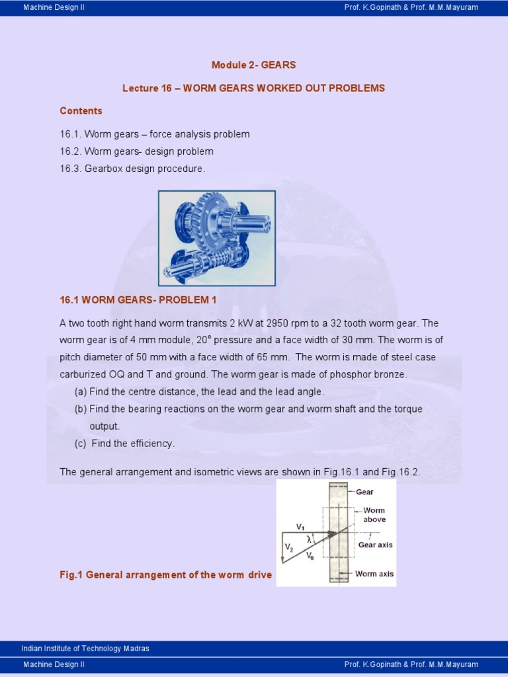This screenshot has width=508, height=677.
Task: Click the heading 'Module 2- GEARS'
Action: [253, 65]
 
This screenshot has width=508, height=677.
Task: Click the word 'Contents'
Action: [81, 110]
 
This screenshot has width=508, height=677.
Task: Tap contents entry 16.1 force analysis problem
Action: [155, 134]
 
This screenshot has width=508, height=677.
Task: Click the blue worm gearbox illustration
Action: [216, 238]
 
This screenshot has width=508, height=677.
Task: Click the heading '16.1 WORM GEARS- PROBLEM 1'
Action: [138, 299]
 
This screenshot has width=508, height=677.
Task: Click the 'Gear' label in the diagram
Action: [364, 492]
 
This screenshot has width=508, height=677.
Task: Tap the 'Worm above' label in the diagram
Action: [374, 515]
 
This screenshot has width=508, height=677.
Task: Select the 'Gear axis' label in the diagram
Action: [375, 545]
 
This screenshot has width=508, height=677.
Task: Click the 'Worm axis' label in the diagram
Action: [374, 574]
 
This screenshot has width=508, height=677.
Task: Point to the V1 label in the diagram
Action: [300, 527]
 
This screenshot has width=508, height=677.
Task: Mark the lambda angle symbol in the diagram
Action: [308, 539]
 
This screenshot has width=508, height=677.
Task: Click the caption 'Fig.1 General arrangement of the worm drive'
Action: [165, 575]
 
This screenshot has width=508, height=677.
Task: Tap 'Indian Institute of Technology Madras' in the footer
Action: [85, 649]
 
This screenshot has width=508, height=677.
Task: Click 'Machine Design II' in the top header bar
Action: [54, 7]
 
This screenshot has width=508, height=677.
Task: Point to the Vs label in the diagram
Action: [310, 556]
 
